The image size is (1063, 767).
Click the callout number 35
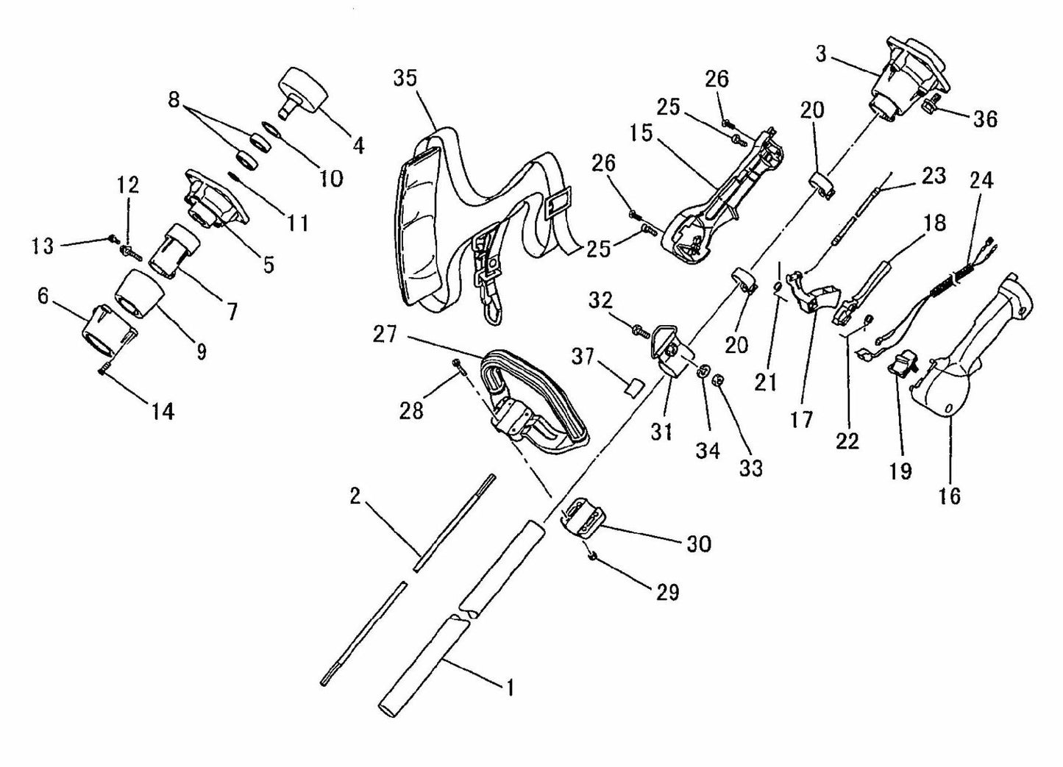click(405, 79)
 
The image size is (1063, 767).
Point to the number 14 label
click(163, 412)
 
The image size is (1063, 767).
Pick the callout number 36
click(984, 118)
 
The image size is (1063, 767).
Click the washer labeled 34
click(704, 371)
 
